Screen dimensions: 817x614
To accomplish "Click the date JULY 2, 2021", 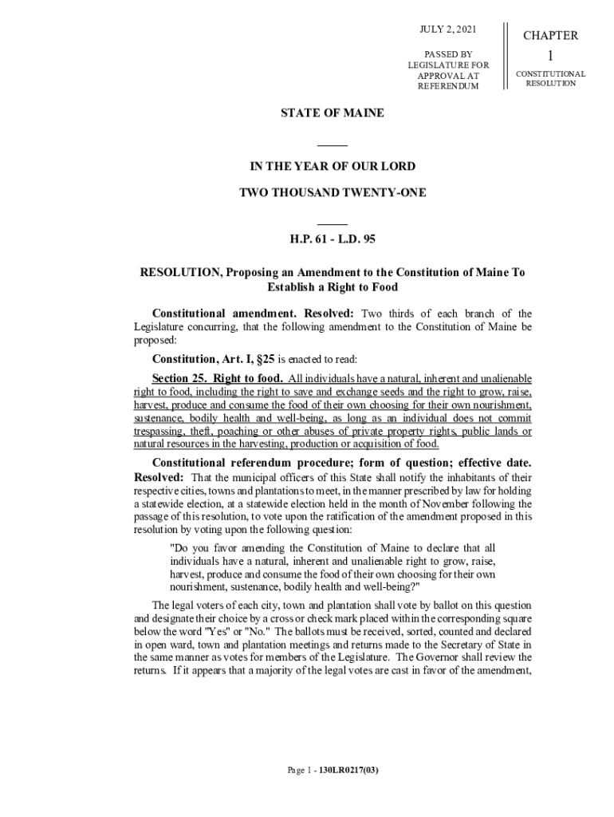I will (x=448, y=30).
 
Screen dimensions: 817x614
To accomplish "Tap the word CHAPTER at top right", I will (x=550, y=36).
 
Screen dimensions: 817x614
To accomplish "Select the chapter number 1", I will (x=550, y=56).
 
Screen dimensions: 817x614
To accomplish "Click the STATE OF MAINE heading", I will (x=332, y=113).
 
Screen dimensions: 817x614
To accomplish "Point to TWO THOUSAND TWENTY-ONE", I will (x=333, y=192).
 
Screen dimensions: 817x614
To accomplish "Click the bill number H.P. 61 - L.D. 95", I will (x=332, y=239).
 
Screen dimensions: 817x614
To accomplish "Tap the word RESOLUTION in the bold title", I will (x=180, y=272).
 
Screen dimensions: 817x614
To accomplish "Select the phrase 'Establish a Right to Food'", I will (x=333, y=287).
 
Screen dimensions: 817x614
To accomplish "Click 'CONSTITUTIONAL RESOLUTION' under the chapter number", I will (x=550, y=78).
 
